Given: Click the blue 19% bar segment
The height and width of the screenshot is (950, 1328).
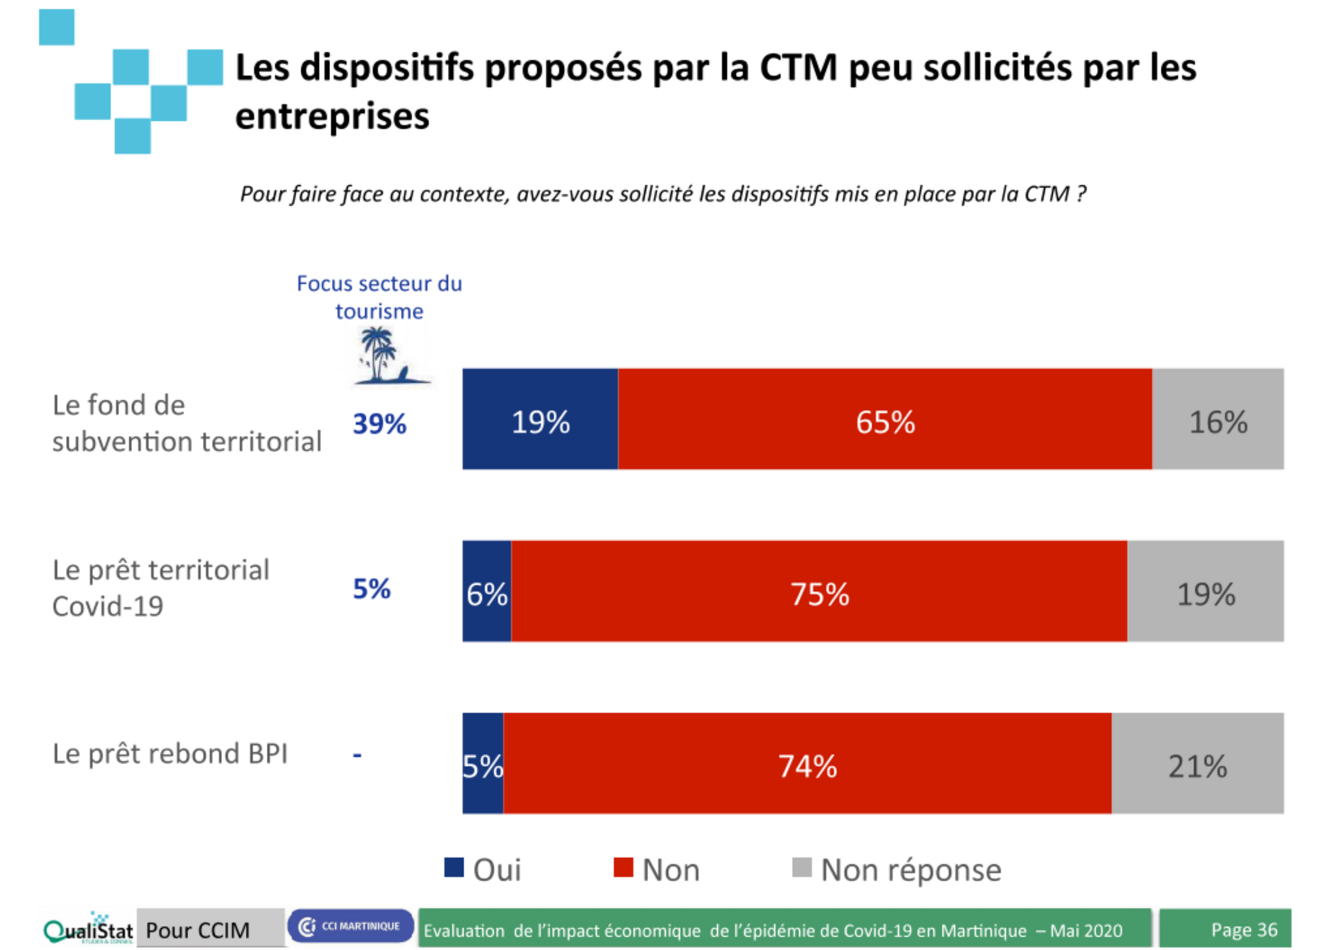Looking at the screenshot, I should pos(540,419).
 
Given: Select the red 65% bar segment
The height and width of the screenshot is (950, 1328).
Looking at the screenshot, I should pos(884,419).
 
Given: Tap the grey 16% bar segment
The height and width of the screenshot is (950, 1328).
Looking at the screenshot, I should pos(1217,419).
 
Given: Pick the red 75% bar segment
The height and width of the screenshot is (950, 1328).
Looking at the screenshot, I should pos(819,591).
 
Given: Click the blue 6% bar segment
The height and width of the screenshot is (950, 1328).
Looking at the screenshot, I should pos(487,591).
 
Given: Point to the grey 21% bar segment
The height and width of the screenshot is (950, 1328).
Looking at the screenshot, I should pos(1197,763).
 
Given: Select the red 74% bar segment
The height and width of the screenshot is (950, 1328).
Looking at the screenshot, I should pos(807,763).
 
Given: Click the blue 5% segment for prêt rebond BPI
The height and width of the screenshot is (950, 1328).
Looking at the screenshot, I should pos(483,763).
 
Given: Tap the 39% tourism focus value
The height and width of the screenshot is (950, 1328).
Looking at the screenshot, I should pos(379,424).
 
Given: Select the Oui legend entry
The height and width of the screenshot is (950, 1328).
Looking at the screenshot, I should pos(483,869).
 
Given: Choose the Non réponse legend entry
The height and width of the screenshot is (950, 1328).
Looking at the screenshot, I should pos(897,869).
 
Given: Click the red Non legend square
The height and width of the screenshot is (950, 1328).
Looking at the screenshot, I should pos(623,867).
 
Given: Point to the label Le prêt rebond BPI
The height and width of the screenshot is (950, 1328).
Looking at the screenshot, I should pos(170,754).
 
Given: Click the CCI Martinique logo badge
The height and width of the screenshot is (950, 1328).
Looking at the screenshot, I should pos(350,926).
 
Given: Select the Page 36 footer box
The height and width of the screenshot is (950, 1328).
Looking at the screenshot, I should pos(1225,928).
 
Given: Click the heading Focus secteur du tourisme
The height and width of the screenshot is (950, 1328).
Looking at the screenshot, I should pos(379,297).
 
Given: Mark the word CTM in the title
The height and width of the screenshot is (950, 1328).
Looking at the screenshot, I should pos(797,68).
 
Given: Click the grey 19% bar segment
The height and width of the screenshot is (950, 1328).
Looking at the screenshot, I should pos(1205,591).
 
